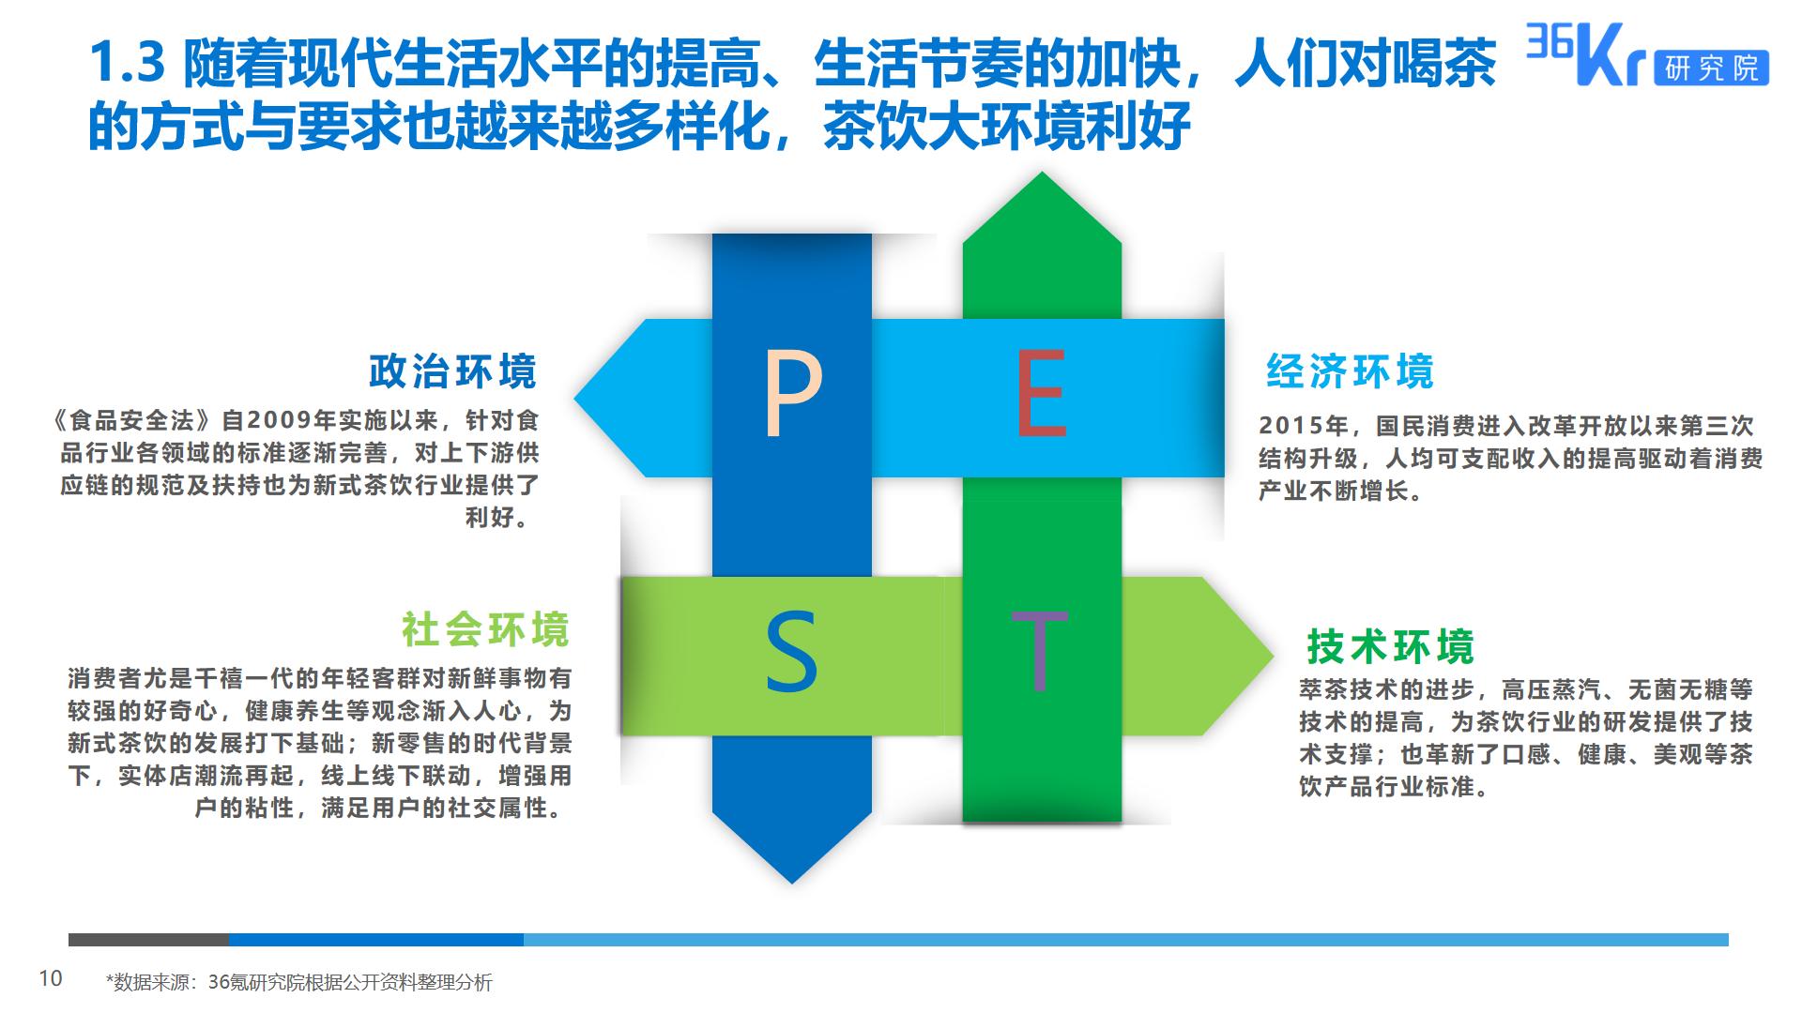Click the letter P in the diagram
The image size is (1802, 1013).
point(793,394)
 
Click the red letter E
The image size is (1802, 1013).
point(1042,394)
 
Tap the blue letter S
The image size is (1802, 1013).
point(791,652)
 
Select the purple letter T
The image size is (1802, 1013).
point(1039,651)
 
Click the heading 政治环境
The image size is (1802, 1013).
point(453,371)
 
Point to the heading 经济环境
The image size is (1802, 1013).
point(1351,371)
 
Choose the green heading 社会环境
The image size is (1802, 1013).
point(486,629)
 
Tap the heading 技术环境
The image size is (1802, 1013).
point(1391,646)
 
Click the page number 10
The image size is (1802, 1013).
point(51,979)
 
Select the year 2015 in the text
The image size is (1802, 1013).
point(1292,426)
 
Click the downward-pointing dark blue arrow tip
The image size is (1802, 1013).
point(792,882)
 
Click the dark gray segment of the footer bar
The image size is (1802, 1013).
point(148,940)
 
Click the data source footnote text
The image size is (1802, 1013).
point(298,982)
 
